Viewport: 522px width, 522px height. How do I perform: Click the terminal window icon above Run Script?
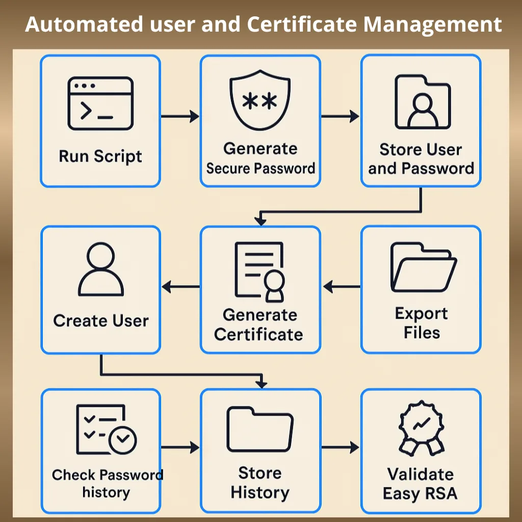[x=100, y=103]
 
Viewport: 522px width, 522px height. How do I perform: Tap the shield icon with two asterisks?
[x=260, y=100]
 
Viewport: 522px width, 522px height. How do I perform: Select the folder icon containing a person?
[x=423, y=102]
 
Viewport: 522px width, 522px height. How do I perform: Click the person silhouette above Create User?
[x=101, y=269]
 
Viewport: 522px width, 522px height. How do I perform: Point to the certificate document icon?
[x=259, y=272]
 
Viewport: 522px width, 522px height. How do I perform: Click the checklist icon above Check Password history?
[x=106, y=429]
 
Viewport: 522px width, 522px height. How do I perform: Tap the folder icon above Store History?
[x=260, y=429]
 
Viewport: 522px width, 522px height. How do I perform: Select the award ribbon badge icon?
[x=422, y=428]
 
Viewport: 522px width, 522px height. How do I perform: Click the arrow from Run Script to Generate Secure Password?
[x=180, y=116]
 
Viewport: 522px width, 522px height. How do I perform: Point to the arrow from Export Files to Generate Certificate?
[x=342, y=286]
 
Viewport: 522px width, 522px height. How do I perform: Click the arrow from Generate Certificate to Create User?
[x=181, y=286]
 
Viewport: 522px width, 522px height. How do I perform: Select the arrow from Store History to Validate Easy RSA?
[x=340, y=447]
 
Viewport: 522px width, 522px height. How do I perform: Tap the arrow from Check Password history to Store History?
[x=180, y=447]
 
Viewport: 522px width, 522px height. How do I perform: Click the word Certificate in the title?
[x=302, y=24]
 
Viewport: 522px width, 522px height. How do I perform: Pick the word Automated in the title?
[x=84, y=24]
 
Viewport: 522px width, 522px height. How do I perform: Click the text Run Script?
[x=100, y=156]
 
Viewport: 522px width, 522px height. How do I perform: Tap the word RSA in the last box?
[x=441, y=493]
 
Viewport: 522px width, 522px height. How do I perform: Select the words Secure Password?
[x=260, y=168]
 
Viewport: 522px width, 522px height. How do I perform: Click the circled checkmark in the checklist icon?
[x=123, y=440]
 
